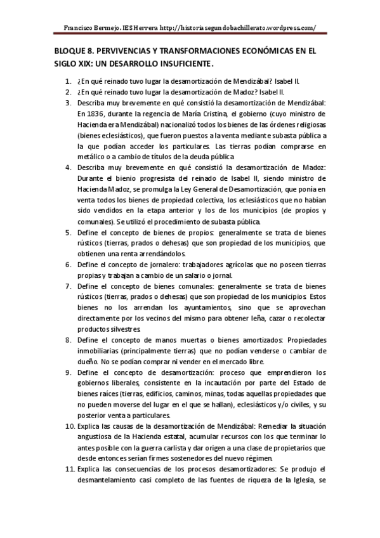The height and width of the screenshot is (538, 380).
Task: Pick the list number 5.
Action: (68, 233)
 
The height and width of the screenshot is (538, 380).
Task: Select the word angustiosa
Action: (100, 436)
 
